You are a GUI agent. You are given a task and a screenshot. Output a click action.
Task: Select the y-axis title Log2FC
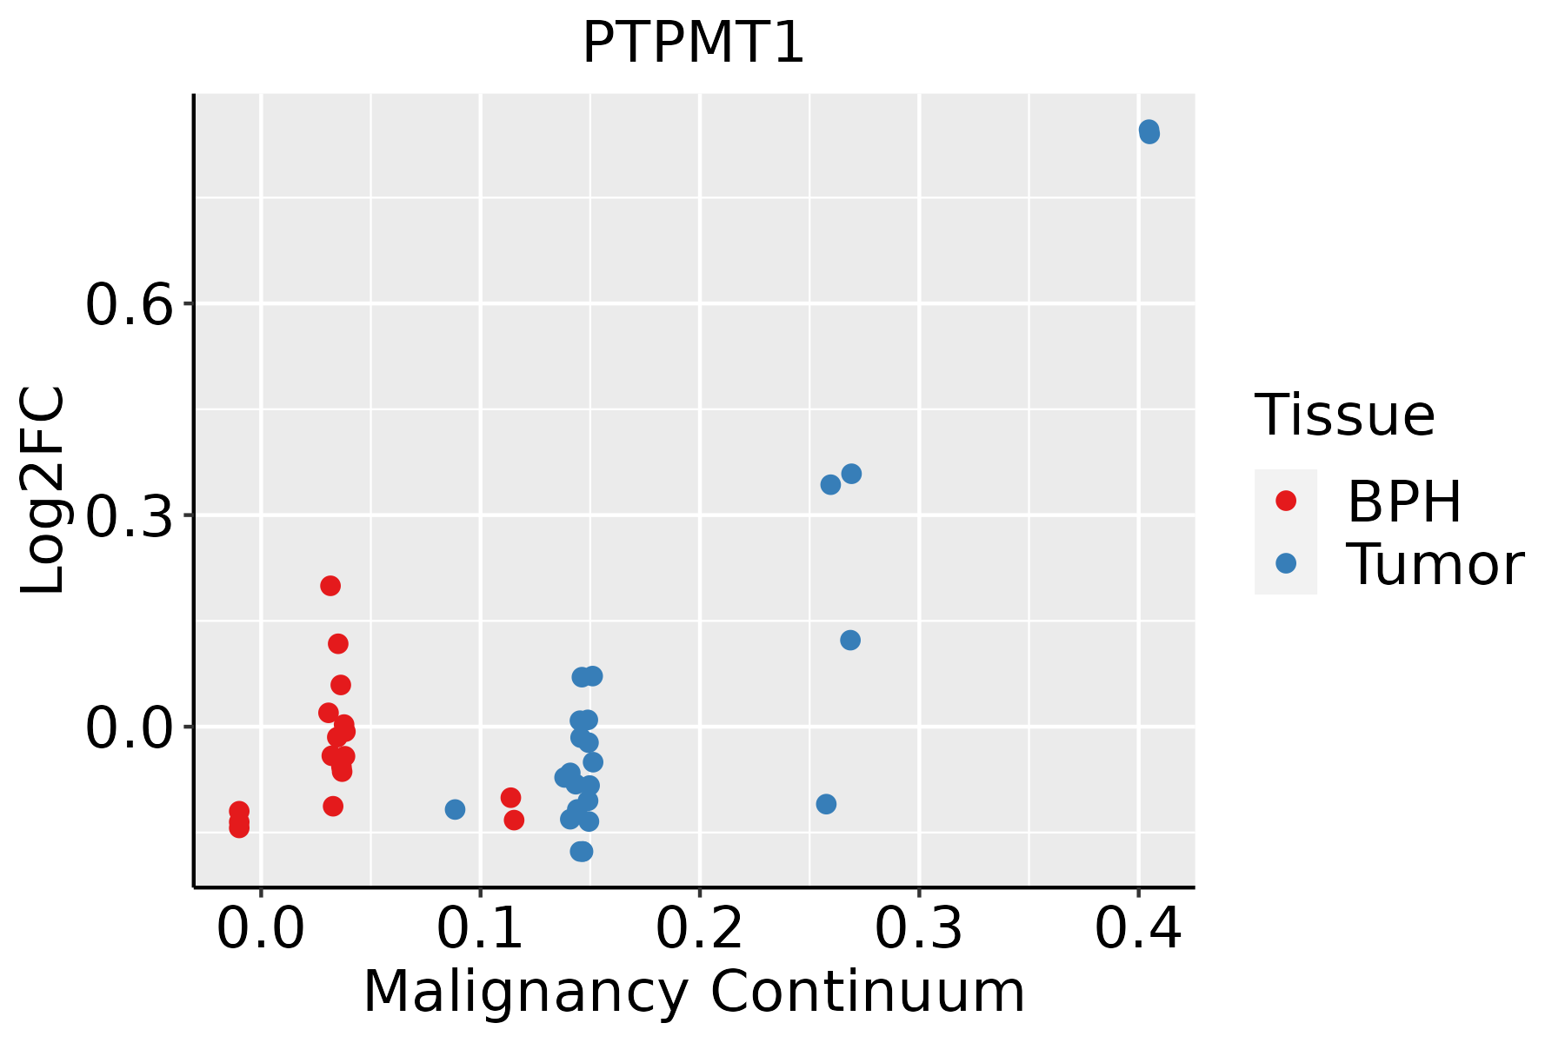(43, 491)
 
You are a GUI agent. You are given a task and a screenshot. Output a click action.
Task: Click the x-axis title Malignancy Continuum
(693, 993)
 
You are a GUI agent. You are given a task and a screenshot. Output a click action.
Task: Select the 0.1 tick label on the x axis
(480, 928)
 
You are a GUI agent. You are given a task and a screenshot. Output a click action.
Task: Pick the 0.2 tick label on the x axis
(699, 928)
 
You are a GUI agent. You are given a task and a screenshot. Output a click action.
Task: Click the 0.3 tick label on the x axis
(918, 928)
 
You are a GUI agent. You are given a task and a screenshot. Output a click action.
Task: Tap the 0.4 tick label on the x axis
(1137, 928)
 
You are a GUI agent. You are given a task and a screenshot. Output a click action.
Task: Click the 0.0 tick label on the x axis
(261, 928)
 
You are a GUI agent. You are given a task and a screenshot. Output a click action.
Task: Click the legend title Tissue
(1345, 415)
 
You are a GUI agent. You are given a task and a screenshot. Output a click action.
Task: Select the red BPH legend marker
(1285, 501)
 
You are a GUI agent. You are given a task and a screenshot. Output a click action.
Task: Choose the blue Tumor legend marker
(1285, 563)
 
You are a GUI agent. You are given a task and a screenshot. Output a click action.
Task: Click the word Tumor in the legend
(1435, 565)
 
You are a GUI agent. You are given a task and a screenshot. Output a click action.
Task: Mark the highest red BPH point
(330, 586)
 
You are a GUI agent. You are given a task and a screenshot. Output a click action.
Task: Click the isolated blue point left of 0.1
(455, 809)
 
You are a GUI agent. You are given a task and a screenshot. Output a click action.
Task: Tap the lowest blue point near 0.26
(826, 804)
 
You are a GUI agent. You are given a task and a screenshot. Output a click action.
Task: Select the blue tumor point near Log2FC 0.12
(850, 641)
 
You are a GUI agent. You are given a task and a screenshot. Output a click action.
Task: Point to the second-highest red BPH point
(338, 644)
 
